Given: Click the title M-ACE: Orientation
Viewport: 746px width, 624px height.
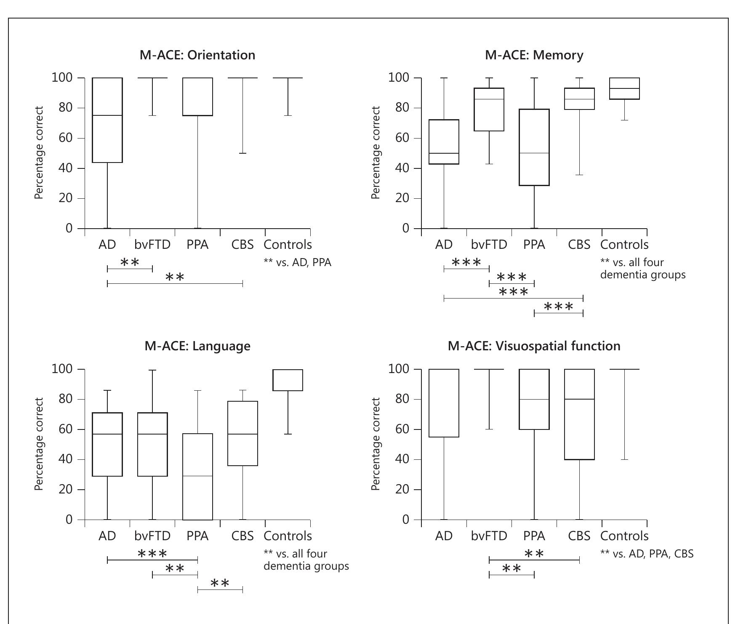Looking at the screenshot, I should point(197,55).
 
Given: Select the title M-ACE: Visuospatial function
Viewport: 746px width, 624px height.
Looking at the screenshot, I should point(534,346).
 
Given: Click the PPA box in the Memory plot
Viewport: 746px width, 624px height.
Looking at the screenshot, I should point(534,147).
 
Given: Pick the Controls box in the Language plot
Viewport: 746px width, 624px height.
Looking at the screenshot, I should point(288,380).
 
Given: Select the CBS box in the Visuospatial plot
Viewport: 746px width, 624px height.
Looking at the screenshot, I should point(579,414).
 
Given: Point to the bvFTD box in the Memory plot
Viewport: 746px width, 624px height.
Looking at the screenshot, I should point(489,109).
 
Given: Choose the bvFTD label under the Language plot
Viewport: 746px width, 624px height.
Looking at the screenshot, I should point(152,536).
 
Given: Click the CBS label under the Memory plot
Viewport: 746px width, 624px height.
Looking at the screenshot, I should point(579,245).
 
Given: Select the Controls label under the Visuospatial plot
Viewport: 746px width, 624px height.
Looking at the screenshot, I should point(624,536).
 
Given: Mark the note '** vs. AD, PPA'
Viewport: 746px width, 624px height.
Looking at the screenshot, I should point(297,263).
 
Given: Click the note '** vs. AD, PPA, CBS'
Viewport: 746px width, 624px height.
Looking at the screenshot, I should point(647,554).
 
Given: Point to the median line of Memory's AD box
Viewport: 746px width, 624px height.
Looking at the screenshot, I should point(444,153).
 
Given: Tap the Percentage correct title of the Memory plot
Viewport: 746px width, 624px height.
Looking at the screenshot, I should point(376,152).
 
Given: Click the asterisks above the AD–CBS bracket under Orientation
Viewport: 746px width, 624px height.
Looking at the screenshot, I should point(175,277).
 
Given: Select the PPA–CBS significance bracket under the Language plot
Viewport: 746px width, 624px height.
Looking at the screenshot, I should point(220,590).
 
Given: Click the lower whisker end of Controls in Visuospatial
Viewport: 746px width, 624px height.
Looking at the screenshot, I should point(624,459).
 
